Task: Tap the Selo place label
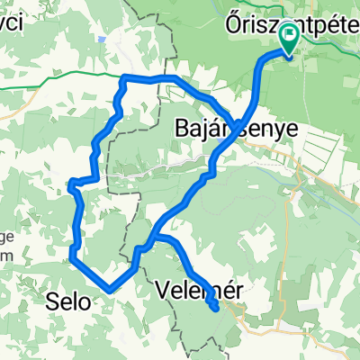(67, 303)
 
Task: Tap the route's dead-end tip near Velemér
(216, 309)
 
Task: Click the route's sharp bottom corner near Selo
(109, 290)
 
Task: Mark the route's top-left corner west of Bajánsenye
(122, 79)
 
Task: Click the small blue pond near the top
(107, 40)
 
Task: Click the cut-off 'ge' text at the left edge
(5, 238)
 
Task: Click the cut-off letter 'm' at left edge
(5, 255)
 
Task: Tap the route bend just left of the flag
(266, 56)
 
